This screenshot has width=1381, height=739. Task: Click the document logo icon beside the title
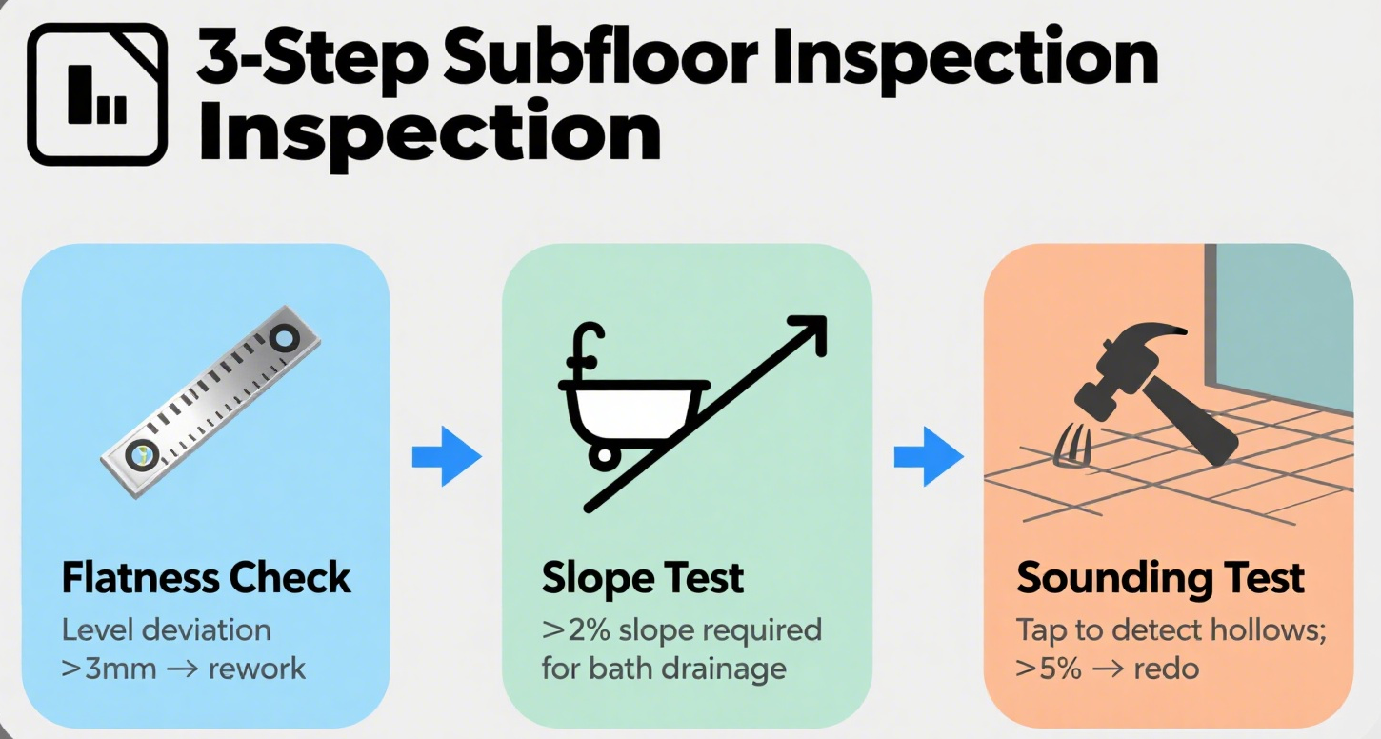[97, 93]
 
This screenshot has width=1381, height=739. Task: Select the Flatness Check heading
[206, 577]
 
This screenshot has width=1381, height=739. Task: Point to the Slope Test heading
[643, 578]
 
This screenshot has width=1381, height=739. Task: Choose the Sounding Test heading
[1161, 578]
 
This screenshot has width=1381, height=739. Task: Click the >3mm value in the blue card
[110, 669]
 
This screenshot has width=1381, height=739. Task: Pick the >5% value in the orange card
[1048, 669]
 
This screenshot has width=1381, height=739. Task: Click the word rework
[256, 669]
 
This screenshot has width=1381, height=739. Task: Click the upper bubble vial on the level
[284, 338]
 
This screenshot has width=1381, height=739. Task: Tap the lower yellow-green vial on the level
[142, 455]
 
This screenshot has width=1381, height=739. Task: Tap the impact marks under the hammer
[1071, 446]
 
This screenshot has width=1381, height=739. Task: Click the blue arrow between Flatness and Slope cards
[447, 457]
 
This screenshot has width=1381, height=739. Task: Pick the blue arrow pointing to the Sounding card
[930, 457]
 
